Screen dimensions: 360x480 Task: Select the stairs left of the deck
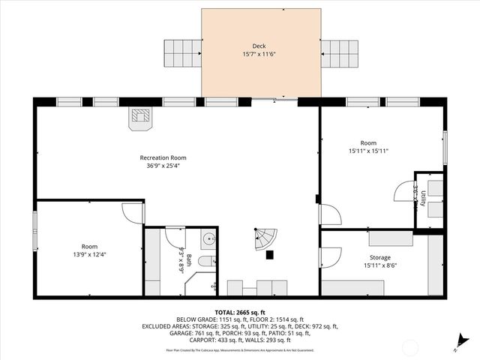pos(182,53)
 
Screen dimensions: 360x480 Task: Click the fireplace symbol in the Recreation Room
pos(140,118)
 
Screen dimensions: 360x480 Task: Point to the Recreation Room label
pos(163,157)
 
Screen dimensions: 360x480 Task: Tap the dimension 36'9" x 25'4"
pos(163,166)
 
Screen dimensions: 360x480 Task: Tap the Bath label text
pos(189,261)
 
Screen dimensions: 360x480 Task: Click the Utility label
pos(424,199)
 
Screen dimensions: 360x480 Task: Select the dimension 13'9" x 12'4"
pos(89,254)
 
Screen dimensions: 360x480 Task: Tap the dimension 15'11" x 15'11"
pos(367,151)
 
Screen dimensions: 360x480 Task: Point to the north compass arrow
pos(458,345)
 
